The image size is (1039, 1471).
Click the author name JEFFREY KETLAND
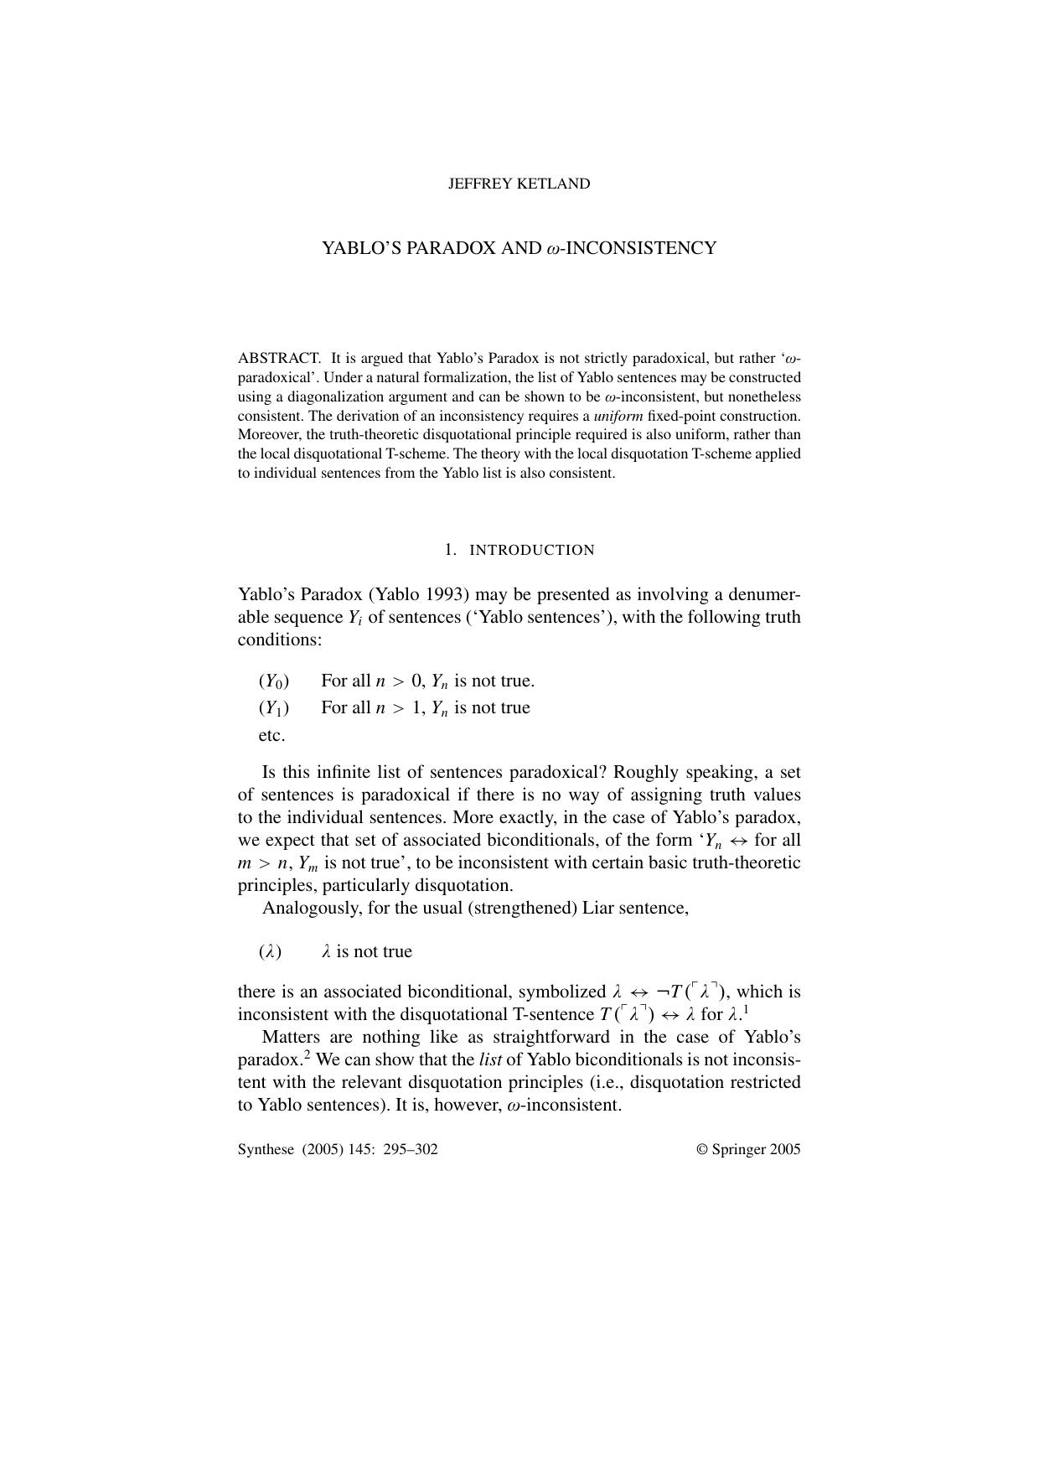coord(519,184)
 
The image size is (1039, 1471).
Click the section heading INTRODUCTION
coord(531,551)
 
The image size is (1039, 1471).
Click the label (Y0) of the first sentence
coord(274,681)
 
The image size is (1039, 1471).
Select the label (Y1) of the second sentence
coord(274,708)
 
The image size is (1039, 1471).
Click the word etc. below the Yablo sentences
coord(271,736)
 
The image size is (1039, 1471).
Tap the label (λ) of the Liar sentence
coord(270,952)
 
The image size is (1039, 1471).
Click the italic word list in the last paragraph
coord(490,1059)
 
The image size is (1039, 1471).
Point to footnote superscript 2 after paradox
coord(308,1054)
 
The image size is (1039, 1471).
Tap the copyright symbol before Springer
coord(702,1149)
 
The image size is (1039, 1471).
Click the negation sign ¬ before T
coord(662,992)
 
